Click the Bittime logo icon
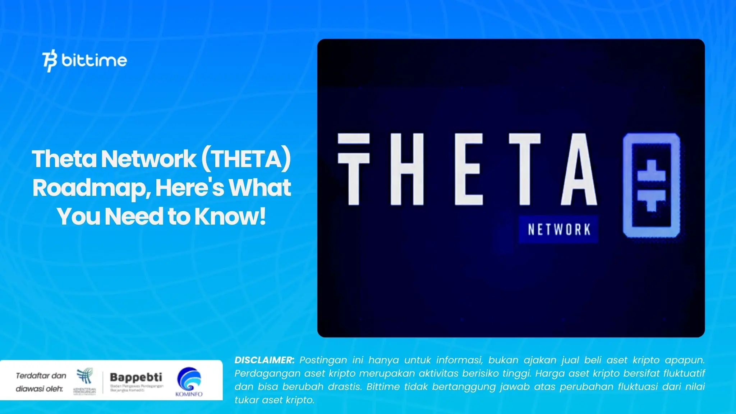click(50, 61)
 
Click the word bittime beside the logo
click(94, 60)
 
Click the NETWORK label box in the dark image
click(558, 229)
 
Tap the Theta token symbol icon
click(651, 185)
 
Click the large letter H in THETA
click(407, 169)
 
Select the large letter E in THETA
click(468, 169)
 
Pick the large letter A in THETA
click(579, 169)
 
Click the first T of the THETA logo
click(354, 169)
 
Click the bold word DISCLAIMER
click(264, 360)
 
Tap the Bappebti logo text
click(136, 377)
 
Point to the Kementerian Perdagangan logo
click(85, 380)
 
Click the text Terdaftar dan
click(41, 376)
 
